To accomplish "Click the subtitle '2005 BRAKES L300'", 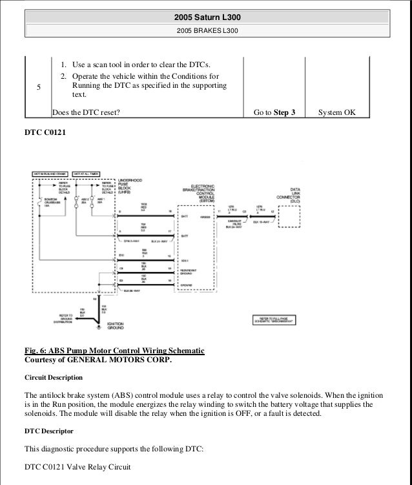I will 206,30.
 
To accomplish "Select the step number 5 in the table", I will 40,90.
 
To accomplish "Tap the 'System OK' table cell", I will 337,112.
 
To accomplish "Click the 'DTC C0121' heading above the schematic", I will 45,133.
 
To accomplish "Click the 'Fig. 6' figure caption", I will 114,351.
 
